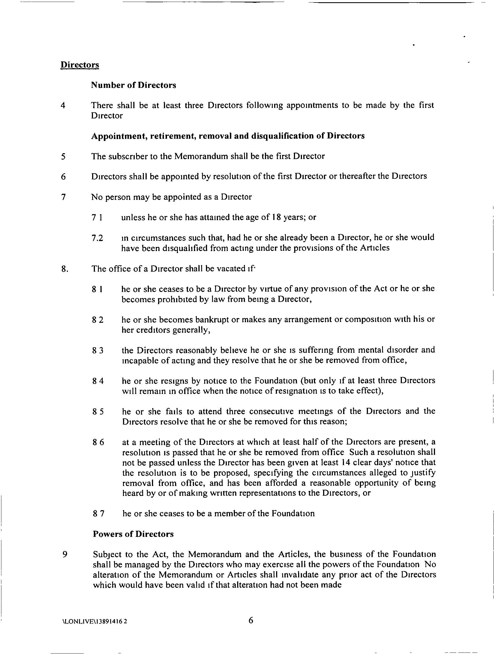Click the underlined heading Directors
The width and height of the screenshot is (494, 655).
pyautogui.click(x=80, y=65)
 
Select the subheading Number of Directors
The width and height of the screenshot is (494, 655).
pyautogui.click(x=133, y=85)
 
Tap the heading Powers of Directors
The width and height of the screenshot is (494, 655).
pyautogui.click(x=133, y=534)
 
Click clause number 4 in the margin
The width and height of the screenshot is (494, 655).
pyautogui.click(x=63, y=105)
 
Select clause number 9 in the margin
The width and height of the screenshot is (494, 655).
pyautogui.click(x=65, y=554)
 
